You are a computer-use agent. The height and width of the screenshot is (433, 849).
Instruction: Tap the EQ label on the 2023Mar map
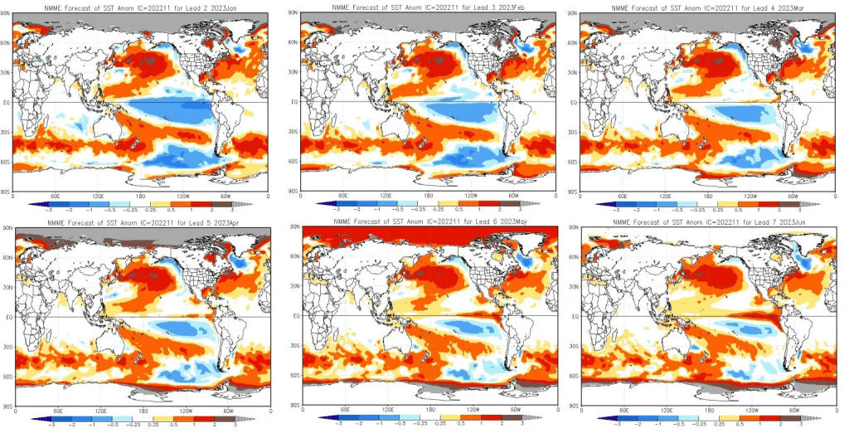572,103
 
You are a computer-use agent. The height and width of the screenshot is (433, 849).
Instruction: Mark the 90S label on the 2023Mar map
572,191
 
